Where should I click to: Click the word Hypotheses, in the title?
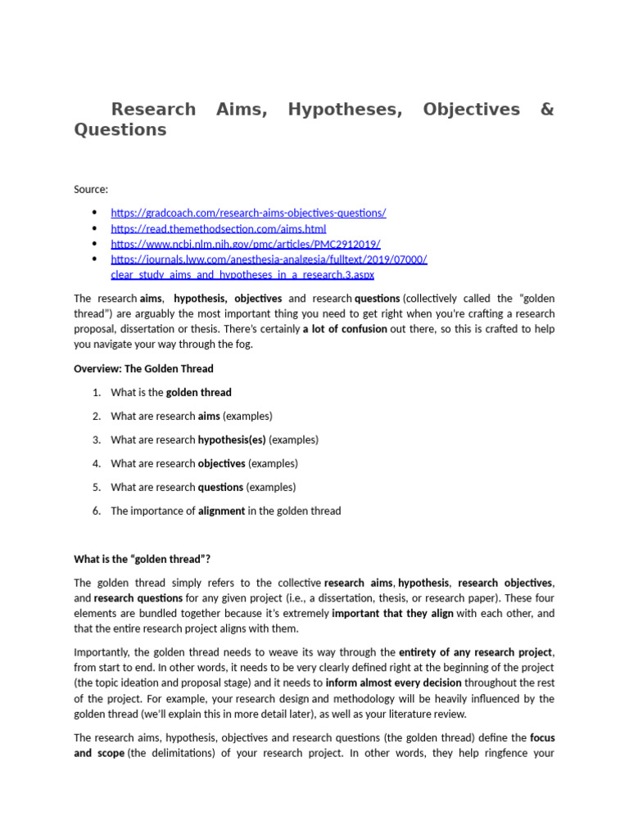[x=345, y=110]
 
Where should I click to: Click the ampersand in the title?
[x=547, y=110]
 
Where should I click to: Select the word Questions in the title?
[x=120, y=130]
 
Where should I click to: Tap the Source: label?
[x=91, y=189]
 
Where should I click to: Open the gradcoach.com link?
[x=248, y=213]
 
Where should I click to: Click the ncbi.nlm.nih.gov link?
[x=245, y=244]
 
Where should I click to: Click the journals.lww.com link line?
[x=269, y=259]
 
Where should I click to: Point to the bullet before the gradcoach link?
[x=96, y=213]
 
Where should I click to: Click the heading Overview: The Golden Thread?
[x=143, y=368]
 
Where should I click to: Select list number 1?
[x=97, y=393]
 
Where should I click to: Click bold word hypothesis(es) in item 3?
[x=232, y=439]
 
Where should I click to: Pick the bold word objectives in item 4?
[x=221, y=463]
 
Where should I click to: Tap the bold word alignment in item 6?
[x=221, y=511]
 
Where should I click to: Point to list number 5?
[x=97, y=487]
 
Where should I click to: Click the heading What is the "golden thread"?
[x=143, y=559]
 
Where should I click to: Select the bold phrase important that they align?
[x=392, y=614]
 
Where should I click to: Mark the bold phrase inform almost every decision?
[x=393, y=683]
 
